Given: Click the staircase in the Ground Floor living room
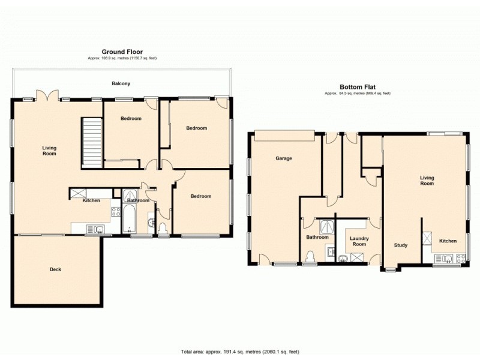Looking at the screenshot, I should [92, 143].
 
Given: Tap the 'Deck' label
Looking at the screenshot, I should [55, 269].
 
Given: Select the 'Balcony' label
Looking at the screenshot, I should [121, 83].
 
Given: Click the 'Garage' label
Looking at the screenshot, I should [284, 158].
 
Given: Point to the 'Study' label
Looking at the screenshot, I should [400, 245].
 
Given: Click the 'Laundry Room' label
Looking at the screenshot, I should [359, 241].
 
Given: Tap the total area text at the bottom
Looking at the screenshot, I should [239, 351].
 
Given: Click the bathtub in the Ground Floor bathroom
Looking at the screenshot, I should [130, 220].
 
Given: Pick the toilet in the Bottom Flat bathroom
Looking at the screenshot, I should [310, 257].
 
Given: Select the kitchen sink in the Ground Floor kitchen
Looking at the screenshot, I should [96, 229].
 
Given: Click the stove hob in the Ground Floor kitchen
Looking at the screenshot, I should [115, 211].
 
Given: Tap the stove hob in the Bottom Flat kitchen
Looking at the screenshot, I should [461, 259].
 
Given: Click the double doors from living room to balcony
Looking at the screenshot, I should [47, 96].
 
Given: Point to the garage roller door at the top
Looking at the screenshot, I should [284, 136].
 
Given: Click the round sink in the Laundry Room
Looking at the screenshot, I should [343, 259].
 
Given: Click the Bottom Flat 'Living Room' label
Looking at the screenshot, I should [426, 181].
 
